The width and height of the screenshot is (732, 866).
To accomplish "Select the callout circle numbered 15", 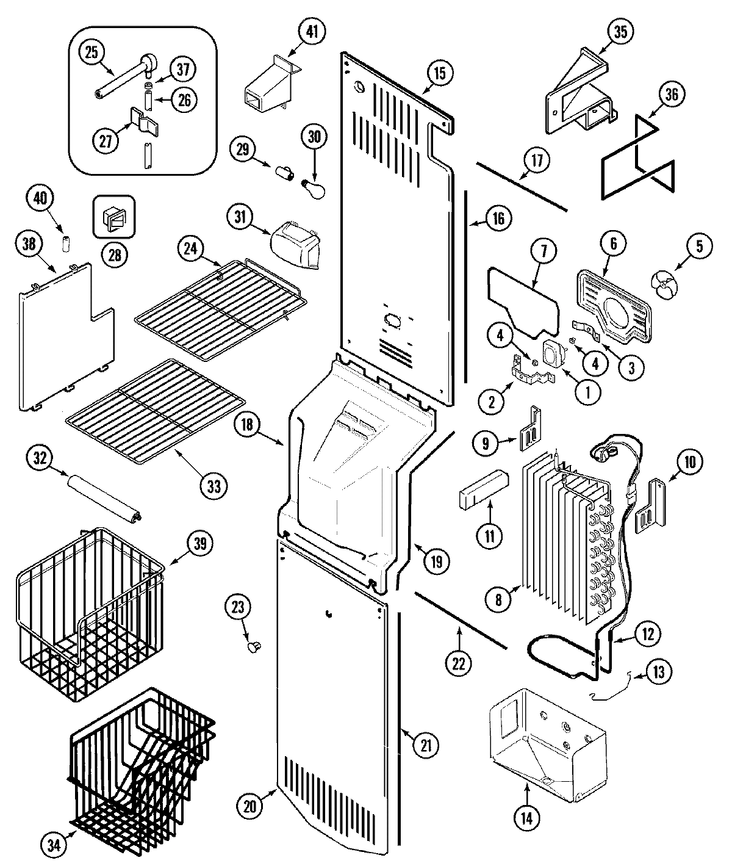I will click(440, 73).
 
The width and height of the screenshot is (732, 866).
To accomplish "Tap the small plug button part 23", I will click(254, 646).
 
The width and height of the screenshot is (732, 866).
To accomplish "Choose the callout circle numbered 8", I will click(498, 600).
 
